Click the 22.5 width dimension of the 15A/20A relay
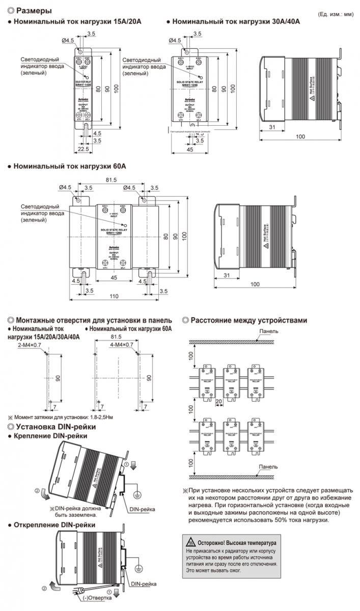click(85, 149)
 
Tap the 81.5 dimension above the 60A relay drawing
click(111, 180)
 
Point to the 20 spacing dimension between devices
click(219, 400)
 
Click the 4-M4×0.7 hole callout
click(121, 345)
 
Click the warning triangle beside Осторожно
click(190, 543)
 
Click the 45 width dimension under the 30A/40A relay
click(190, 150)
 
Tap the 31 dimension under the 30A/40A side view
click(272, 127)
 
